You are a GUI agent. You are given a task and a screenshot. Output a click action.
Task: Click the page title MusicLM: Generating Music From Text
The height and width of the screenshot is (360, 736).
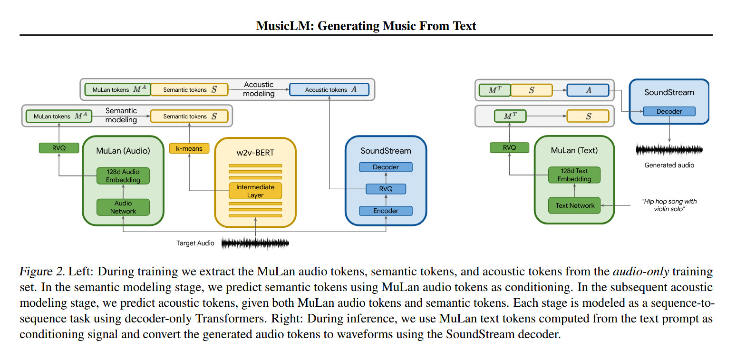366,26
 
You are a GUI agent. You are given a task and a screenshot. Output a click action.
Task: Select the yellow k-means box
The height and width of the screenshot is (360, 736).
189,148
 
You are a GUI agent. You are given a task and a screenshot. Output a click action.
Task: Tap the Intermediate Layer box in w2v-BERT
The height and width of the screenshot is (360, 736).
255,191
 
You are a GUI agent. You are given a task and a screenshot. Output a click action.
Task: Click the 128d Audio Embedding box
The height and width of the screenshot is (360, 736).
123,175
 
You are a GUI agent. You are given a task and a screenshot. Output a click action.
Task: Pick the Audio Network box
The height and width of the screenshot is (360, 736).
123,207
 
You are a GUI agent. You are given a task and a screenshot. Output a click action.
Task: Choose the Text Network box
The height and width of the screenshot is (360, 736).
574,205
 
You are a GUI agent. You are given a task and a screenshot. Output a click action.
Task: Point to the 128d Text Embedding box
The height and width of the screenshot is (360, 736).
574,175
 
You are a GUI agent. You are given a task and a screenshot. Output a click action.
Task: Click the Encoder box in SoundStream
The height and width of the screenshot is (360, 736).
386,211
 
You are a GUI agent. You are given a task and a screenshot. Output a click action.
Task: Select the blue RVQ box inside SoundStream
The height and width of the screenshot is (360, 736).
386,189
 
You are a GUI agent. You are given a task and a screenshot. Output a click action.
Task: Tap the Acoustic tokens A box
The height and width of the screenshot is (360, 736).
329,89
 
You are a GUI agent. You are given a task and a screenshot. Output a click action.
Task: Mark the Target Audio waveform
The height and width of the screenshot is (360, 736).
255,243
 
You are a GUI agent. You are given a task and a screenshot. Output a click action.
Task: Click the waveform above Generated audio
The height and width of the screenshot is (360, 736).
669,150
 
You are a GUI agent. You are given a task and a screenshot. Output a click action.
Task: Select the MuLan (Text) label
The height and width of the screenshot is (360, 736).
574,150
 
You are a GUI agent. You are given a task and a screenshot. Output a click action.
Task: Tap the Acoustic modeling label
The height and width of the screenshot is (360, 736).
259,89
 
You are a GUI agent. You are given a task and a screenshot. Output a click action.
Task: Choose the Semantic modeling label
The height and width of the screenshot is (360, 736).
121,115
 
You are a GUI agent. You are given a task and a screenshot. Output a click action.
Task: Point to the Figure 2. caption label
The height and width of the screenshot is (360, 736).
42,272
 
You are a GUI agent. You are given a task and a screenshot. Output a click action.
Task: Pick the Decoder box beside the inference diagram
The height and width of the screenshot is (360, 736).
669,111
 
